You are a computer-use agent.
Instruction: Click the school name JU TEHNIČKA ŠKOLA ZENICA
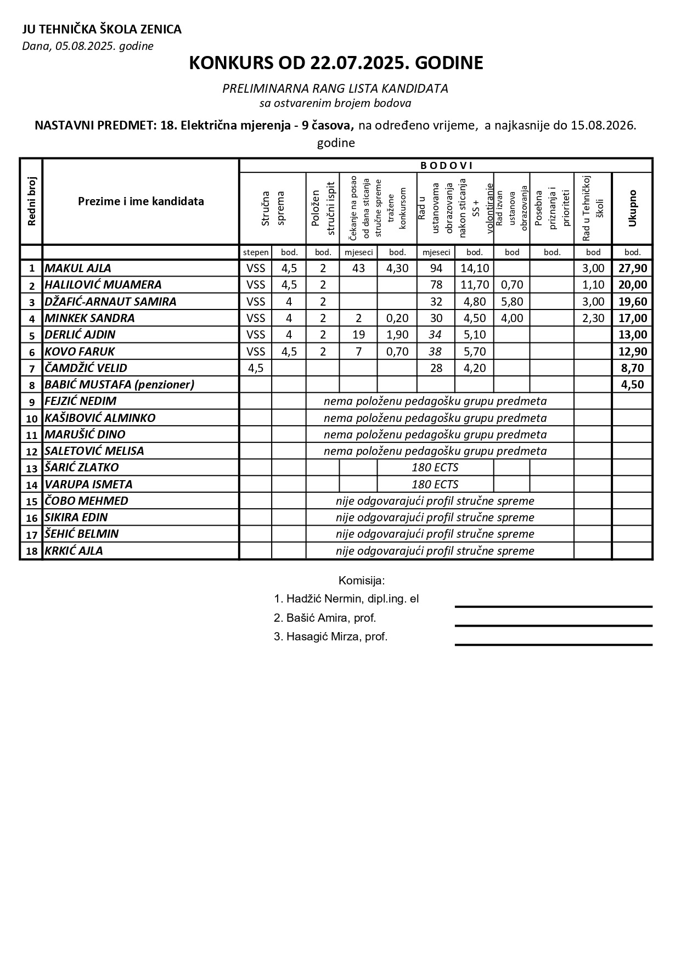tap(102, 29)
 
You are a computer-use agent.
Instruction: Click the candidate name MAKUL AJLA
tap(78, 268)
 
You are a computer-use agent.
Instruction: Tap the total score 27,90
tap(632, 268)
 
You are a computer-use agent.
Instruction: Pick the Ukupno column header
tap(632, 208)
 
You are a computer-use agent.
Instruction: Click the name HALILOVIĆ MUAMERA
tap(103, 285)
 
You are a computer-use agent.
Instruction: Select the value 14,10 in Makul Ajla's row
tap(474, 268)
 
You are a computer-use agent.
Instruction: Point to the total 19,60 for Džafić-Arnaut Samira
tap(632, 302)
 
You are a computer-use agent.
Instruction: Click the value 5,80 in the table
tap(511, 302)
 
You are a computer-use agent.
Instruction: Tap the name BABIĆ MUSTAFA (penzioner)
tap(120, 385)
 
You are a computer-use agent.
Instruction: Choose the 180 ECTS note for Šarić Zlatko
tap(435, 468)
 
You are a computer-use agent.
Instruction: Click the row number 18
tap(32, 551)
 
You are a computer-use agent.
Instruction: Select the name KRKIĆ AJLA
tap(74, 551)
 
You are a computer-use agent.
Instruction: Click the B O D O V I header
tap(446, 166)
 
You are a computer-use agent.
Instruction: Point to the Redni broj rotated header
tap(31, 201)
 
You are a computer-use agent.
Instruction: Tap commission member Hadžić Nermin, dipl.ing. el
tap(346, 599)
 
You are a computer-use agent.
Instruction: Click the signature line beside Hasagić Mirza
tap(553, 644)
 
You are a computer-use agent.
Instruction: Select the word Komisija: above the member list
tap(362, 581)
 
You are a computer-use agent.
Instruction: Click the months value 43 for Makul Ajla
tap(358, 268)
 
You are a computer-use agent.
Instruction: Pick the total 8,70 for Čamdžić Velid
tap(632, 368)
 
